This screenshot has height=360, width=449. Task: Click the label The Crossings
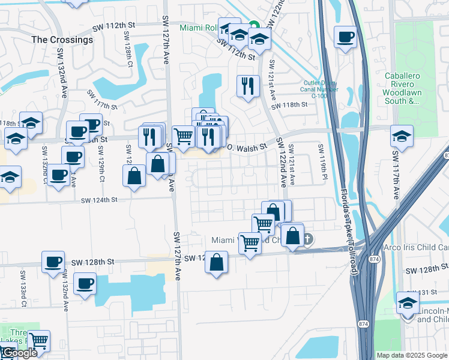point(62,40)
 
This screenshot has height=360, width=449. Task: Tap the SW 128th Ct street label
point(129,53)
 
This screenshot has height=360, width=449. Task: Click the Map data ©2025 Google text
point(412,355)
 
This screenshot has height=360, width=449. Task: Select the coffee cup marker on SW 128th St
point(53,262)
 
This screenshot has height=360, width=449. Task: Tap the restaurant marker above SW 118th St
point(247,86)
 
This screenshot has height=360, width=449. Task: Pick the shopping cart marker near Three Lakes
point(39,341)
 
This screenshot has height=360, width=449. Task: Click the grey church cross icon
point(307,239)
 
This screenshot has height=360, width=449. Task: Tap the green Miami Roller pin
point(253,26)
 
